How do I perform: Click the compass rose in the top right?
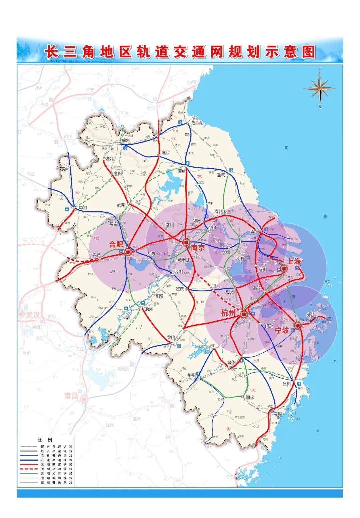pyautogui.click(x=319, y=87)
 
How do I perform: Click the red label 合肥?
pyautogui.click(x=116, y=244)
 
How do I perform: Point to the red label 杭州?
pyautogui.click(x=228, y=313)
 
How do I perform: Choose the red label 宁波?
pyautogui.click(x=282, y=330)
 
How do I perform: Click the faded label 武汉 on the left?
pyautogui.click(x=33, y=315)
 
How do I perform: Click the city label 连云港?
pyautogui.click(x=197, y=123)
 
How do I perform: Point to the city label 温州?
pyautogui.click(x=277, y=415)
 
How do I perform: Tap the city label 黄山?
pyautogui.click(x=171, y=337)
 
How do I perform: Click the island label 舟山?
pyautogui.click(x=310, y=314)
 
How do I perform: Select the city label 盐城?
pyautogui.click(x=221, y=175)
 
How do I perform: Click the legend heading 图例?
pyautogui.click(x=45, y=440)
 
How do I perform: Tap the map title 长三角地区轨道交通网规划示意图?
pyautogui.click(x=180, y=52)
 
